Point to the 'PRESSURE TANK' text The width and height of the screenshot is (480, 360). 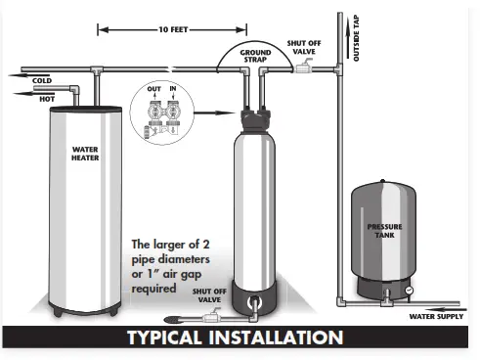384,231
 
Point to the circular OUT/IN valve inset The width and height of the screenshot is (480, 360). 160,104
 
